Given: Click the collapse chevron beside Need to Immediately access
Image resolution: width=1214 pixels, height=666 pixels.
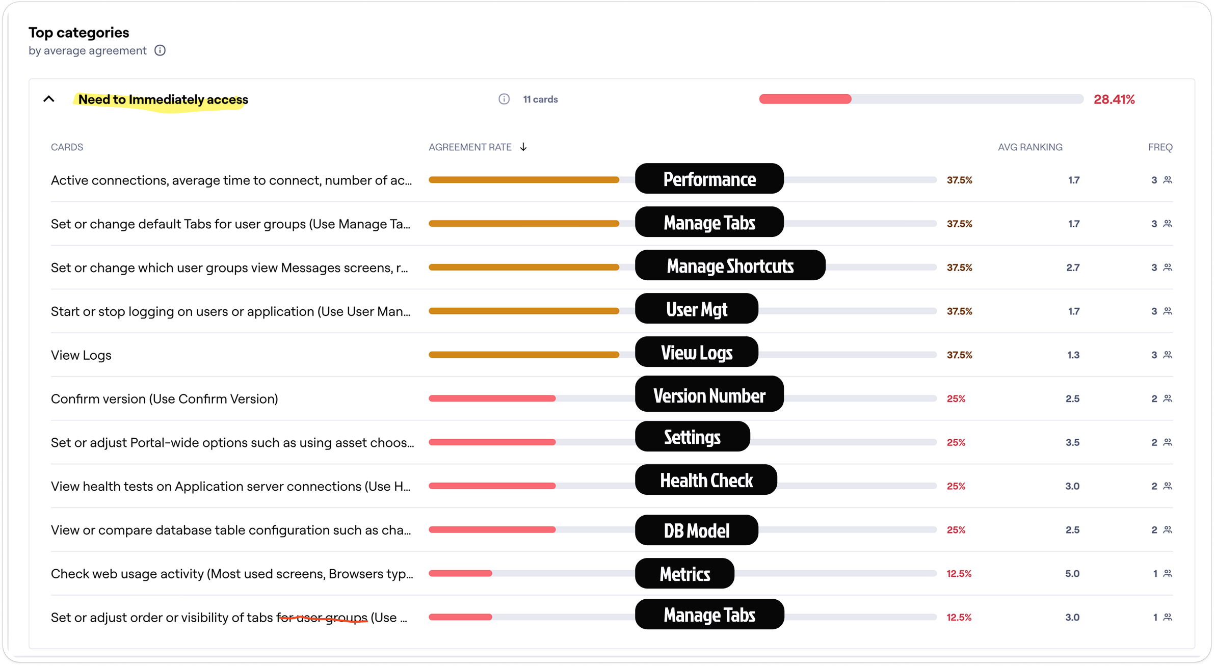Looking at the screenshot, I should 49,99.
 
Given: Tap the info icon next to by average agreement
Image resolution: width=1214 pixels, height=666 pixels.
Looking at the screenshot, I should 160,50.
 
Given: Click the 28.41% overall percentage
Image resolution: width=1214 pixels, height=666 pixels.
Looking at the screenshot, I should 1114,99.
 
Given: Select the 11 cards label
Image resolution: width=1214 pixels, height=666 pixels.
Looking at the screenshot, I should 540,99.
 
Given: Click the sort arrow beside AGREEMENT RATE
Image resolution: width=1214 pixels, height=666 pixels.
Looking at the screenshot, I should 523,147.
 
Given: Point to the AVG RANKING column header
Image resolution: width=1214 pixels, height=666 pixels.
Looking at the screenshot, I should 1030,147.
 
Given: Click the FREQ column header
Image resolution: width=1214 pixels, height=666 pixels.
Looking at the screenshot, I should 1160,147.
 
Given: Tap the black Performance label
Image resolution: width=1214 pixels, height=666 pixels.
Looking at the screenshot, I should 709,179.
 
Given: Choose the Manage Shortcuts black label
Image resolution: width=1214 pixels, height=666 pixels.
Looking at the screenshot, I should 730,265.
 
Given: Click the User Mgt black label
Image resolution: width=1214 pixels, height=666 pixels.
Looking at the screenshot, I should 696,309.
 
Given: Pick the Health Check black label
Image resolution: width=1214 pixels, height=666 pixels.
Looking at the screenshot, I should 706,480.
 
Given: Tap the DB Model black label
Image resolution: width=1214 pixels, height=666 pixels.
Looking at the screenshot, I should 696,530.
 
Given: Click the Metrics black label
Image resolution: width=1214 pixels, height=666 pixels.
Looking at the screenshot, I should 684,574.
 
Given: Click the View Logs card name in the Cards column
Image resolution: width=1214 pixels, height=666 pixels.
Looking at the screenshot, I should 81,355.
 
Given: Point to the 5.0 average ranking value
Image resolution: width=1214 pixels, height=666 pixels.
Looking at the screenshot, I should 1072,574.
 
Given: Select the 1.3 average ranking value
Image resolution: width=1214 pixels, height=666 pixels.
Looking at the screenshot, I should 1073,355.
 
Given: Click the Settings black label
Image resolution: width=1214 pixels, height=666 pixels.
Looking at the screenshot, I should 692,437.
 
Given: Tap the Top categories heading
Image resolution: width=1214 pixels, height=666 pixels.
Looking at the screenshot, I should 79,33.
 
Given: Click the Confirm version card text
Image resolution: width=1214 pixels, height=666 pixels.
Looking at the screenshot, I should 164,399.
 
